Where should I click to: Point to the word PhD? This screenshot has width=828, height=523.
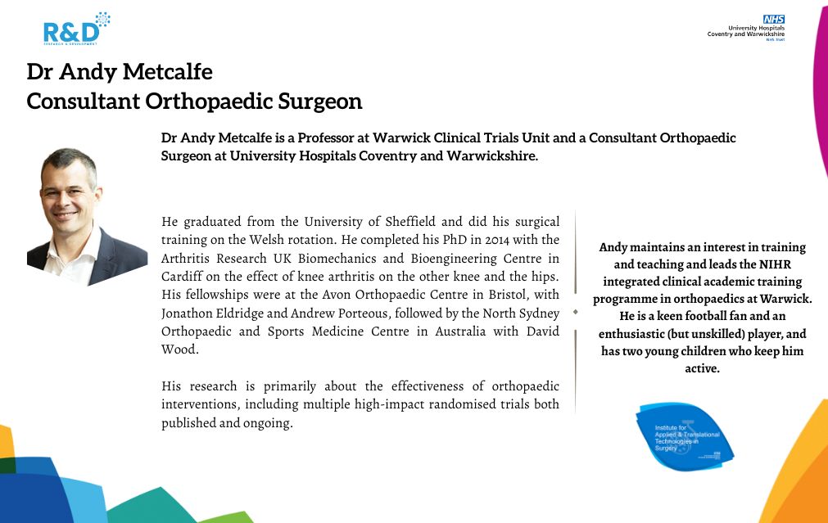413,239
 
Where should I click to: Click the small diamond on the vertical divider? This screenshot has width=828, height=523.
575,312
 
